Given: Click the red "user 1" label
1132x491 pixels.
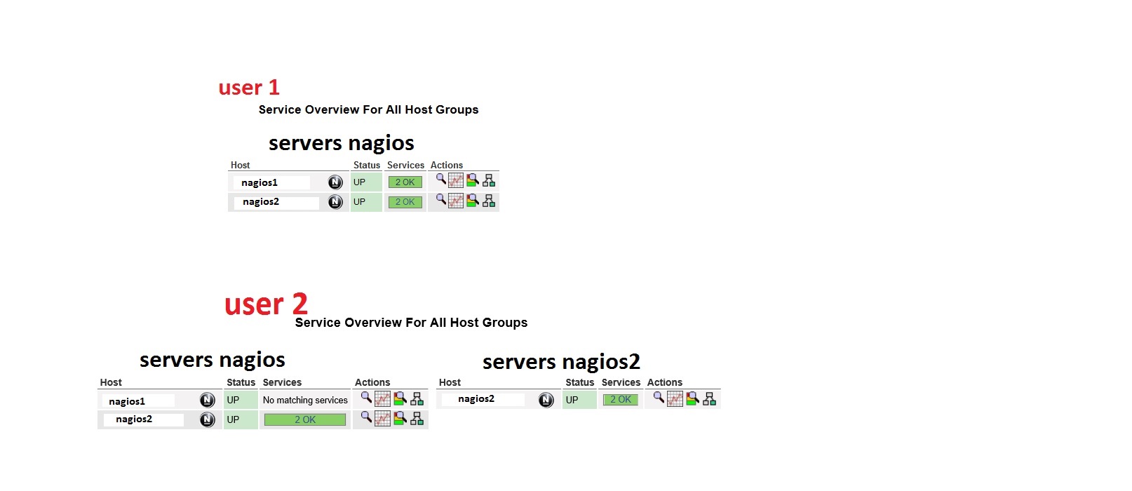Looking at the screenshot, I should pyautogui.click(x=249, y=88).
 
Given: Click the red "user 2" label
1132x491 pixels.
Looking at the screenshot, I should pyautogui.click(x=266, y=304).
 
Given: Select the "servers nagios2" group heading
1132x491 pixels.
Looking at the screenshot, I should pyautogui.click(x=561, y=362).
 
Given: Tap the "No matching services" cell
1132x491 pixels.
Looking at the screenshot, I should pyautogui.click(x=305, y=401).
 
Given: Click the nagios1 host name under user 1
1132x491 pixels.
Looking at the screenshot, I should pyautogui.click(x=260, y=182).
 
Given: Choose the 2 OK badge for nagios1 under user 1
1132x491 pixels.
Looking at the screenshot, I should pyautogui.click(x=405, y=182).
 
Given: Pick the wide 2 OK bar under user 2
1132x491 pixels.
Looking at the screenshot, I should pyautogui.click(x=305, y=419).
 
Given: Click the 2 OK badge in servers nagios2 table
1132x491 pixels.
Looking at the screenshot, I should pyautogui.click(x=621, y=400).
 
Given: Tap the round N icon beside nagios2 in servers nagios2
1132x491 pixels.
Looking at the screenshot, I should pyautogui.click(x=546, y=400).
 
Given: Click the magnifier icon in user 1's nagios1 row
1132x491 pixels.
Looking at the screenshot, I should pyautogui.click(x=440, y=179).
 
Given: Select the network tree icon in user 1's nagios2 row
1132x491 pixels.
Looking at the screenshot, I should pyautogui.click(x=489, y=201).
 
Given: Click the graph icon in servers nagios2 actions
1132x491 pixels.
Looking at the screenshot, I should pyautogui.click(x=675, y=399).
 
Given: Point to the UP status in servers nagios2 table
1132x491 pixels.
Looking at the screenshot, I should pyautogui.click(x=572, y=400).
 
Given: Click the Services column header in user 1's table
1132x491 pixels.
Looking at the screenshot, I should pyautogui.click(x=405, y=166).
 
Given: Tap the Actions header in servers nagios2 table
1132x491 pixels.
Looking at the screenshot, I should pyautogui.click(x=664, y=382).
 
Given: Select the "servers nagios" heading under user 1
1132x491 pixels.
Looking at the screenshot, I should pyautogui.click(x=342, y=143).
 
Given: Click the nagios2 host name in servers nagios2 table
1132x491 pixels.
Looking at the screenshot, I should pyautogui.click(x=476, y=399).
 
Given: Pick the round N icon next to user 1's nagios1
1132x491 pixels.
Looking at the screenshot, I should pyautogui.click(x=335, y=182).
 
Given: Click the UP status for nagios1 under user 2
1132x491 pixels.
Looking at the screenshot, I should pyautogui.click(x=233, y=400).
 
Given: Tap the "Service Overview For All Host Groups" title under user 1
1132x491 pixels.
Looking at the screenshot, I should pyautogui.click(x=368, y=109).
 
